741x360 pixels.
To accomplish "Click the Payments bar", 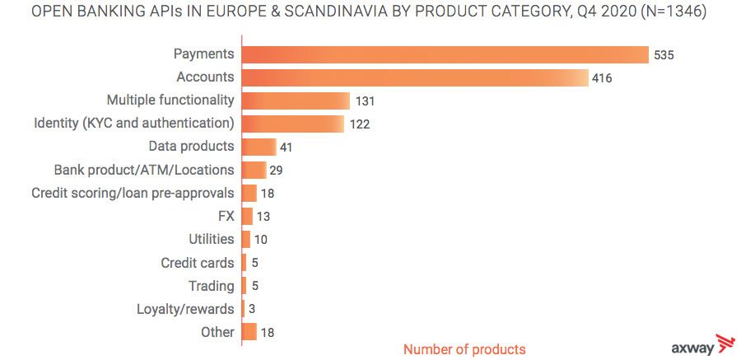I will pos(445,54).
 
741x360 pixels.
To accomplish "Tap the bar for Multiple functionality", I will pos(296,101).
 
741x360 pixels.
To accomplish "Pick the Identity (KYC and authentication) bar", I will pos(292,124).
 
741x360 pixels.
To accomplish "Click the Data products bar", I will pos(259,147).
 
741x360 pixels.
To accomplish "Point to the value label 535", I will pos(664,55).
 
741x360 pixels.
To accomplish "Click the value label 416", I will pos(602,78).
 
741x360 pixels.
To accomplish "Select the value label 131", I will pos(364,101).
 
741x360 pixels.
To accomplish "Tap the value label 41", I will pos(287,147).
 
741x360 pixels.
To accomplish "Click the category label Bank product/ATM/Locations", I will pos(143,170).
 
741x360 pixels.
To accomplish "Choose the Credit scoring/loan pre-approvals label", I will pos(133,193).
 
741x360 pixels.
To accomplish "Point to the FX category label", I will pos(226,216).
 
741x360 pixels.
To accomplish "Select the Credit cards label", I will pos(198,263).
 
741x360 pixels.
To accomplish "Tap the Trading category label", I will pos(212,286).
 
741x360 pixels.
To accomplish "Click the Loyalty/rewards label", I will pos(185,309).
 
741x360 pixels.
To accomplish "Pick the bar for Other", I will pos(249,332).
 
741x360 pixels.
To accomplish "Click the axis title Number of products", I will pos(464,349).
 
